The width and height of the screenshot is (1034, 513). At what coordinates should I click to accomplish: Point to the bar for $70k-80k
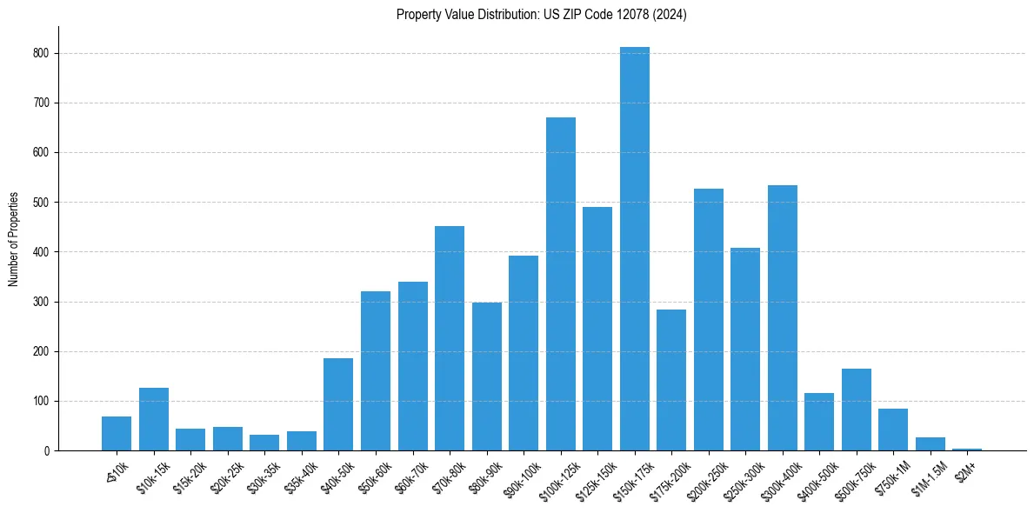coord(450,338)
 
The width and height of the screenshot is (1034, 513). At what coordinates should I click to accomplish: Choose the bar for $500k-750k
coord(857,410)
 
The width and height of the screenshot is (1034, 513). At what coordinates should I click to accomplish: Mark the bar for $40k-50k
coord(338,404)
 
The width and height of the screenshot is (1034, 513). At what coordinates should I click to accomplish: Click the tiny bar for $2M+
coord(967,450)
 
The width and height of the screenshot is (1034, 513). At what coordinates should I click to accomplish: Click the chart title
coord(542,15)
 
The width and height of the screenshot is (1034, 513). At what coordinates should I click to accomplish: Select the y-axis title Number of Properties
coord(14,239)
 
